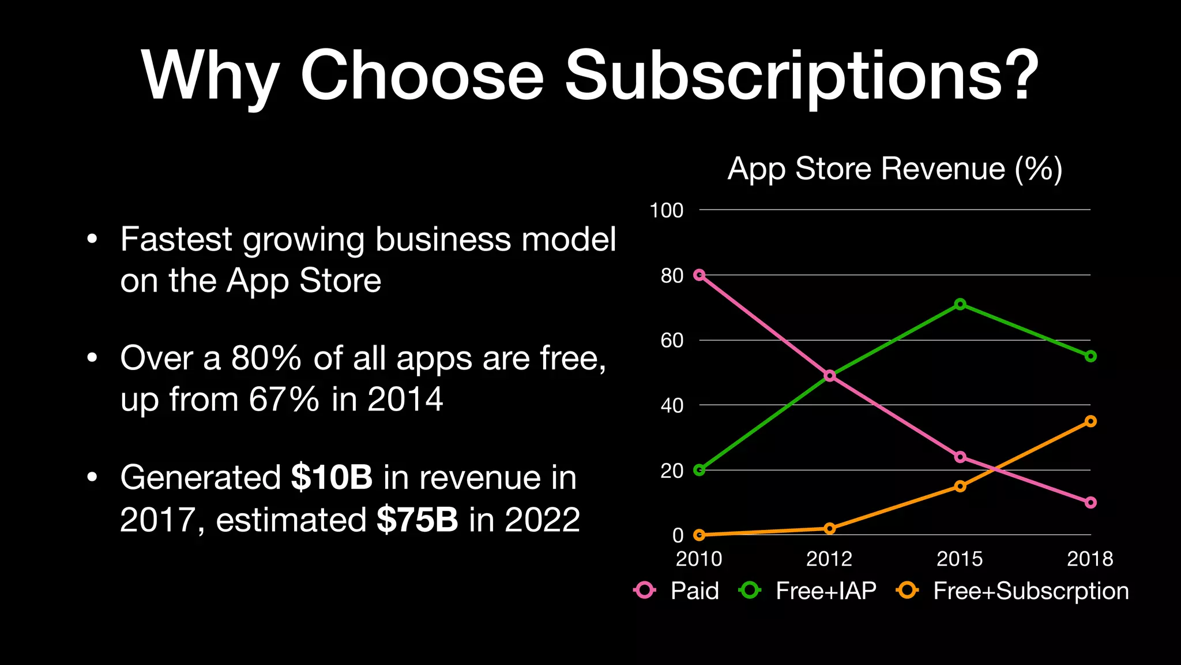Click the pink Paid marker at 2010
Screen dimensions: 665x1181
point(699,275)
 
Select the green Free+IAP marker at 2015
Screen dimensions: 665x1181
point(960,304)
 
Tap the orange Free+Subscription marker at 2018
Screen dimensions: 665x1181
point(1090,421)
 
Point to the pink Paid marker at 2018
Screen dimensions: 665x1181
point(1090,502)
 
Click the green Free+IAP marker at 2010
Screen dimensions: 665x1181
point(699,470)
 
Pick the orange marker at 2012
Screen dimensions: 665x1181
point(829,528)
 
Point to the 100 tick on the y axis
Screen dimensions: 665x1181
point(666,210)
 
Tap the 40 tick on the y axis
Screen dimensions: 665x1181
point(672,406)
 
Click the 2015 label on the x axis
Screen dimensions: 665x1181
point(960,559)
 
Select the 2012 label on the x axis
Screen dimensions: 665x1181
point(829,559)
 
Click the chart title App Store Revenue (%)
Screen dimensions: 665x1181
point(894,169)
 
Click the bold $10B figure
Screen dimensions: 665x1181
point(332,478)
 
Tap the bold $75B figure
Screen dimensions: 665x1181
point(417,520)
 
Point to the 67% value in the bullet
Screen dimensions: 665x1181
point(284,399)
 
